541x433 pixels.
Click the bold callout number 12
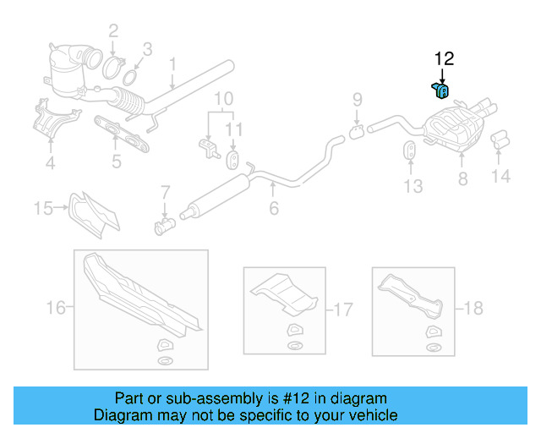(444, 59)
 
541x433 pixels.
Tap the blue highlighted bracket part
(440, 90)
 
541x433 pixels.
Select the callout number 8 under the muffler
(462, 178)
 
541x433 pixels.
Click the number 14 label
(501, 178)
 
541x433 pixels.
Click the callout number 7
(165, 192)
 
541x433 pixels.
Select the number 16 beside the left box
(55, 308)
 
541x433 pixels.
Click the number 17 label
(342, 310)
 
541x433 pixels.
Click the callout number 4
(51, 163)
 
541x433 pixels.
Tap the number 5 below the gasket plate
(116, 162)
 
